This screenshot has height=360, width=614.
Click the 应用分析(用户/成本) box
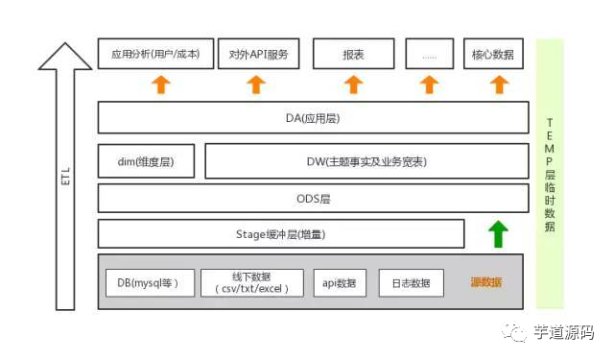[x=149, y=55]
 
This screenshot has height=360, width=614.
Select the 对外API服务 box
[x=258, y=55]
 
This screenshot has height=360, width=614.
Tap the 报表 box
[x=354, y=55]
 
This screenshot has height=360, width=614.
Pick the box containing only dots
[x=429, y=55]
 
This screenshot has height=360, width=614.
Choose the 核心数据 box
[x=495, y=55]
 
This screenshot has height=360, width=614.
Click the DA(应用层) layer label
[x=313, y=118]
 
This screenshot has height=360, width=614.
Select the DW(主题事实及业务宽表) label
[x=366, y=161]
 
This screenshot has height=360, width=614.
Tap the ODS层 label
[x=313, y=199]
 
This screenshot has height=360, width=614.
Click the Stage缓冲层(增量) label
[x=277, y=234]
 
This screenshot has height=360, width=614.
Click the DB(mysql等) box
[x=150, y=283]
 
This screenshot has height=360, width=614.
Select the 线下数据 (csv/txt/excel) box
[x=253, y=283]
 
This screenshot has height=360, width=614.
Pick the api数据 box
[x=340, y=283]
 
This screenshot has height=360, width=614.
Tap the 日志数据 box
[x=412, y=283]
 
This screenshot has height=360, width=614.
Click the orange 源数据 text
[x=485, y=282]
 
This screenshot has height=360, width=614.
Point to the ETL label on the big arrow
[x=65, y=178]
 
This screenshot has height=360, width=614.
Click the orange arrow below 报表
[x=354, y=84]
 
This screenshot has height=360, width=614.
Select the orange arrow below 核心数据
[x=498, y=84]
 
